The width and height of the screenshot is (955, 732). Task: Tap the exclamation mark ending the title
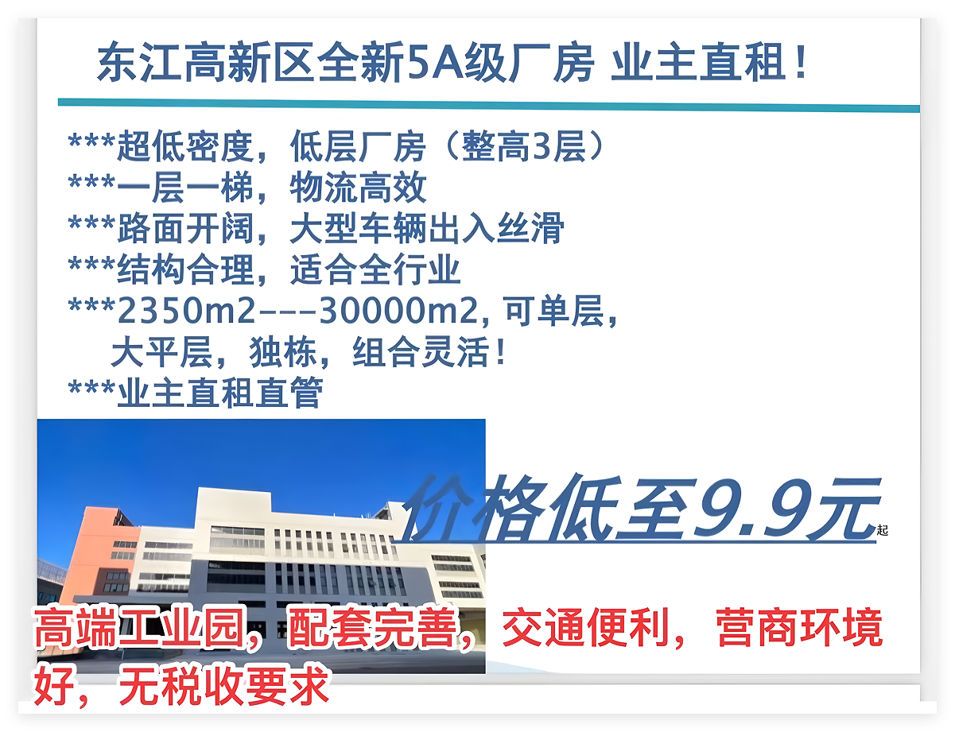point(801,60)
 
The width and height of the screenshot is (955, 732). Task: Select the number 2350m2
point(186,311)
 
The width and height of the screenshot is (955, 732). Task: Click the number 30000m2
point(398,311)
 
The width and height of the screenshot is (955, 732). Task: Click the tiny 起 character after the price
point(883,530)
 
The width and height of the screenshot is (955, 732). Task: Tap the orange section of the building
point(97,554)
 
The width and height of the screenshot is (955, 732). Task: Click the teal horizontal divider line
point(489,106)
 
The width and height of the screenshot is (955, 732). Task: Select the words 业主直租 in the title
point(698,61)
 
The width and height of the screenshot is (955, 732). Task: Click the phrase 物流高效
point(358,188)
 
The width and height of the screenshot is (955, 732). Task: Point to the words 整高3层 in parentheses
point(524,146)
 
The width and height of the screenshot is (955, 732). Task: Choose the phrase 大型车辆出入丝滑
point(427,228)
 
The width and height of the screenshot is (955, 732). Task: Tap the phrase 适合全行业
point(375,269)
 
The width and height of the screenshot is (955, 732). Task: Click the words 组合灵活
point(421,352)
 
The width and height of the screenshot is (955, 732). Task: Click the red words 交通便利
point(586,628)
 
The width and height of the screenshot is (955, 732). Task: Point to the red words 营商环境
point(799,628)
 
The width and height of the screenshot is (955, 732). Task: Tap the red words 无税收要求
point(224,685)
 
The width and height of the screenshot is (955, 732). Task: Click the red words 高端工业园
point(140,628)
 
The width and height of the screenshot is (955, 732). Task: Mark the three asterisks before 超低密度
point(91,141)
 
